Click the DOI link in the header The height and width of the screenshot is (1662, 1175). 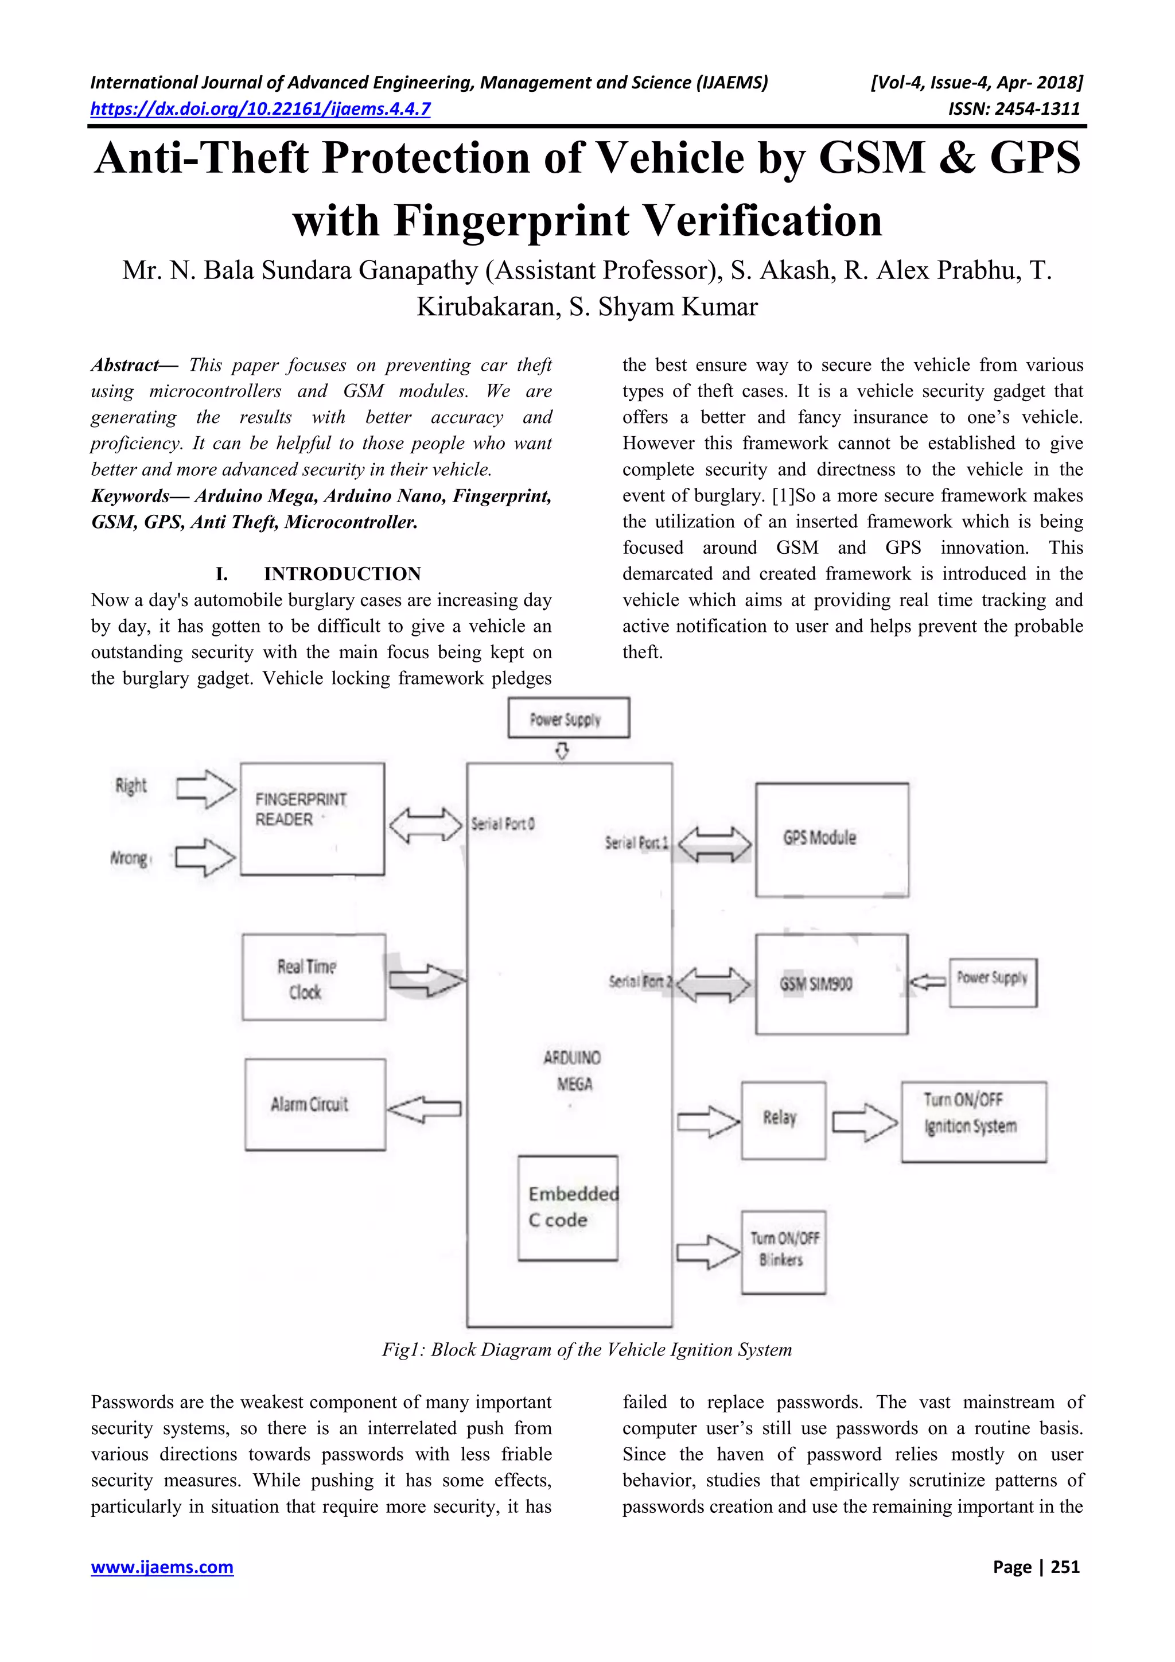click(260, 109)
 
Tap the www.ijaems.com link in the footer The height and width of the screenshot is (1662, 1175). click(162, 1567)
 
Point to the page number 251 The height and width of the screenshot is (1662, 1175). click(1036, 1567)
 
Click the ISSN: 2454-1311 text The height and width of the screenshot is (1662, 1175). click(1014, 109)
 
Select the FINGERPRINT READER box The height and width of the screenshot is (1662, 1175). click(312, 819)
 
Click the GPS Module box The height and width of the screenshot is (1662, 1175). click(831, 840)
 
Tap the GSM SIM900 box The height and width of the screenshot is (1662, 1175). click(831, 984)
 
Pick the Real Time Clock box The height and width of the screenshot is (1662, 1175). click(313, 977)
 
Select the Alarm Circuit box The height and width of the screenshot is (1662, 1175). click(315, 1105)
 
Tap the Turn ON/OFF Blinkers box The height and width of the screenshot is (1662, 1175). click(783, 1252)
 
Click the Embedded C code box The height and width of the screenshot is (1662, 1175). click(568, 1208)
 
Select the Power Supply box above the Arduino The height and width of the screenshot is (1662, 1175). click(568, 718)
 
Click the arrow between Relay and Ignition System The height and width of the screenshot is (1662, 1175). click(865, 1122)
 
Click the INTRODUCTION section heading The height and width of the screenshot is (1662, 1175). click(341, 574)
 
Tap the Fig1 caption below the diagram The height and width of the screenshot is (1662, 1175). click(587, 1350)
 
